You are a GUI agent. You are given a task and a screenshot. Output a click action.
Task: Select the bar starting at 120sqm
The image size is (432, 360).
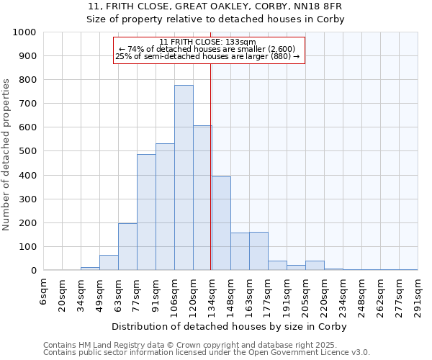tap(202, 198)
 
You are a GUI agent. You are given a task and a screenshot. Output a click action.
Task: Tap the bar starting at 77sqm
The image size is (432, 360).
tap(146, 212)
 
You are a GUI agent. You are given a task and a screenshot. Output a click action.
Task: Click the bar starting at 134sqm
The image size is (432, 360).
tap(221, 223)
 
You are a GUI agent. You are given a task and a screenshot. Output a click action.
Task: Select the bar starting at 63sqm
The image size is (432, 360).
tap(127, 247)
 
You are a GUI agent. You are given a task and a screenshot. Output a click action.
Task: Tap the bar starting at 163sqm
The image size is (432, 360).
tap(258, 251)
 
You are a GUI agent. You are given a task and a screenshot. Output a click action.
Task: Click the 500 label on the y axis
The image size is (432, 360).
tap(29, 152)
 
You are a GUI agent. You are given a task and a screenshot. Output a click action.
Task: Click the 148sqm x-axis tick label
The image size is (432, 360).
tap(231, 295)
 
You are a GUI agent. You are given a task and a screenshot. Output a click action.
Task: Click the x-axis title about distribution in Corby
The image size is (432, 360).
tap(230, 326)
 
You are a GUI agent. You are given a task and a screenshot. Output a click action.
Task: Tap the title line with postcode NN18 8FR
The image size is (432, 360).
tap(216, 6)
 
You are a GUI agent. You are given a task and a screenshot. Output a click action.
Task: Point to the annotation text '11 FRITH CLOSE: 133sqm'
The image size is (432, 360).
tap(210, 42)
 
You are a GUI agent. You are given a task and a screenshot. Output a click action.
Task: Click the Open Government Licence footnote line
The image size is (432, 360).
tap(207, 353)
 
